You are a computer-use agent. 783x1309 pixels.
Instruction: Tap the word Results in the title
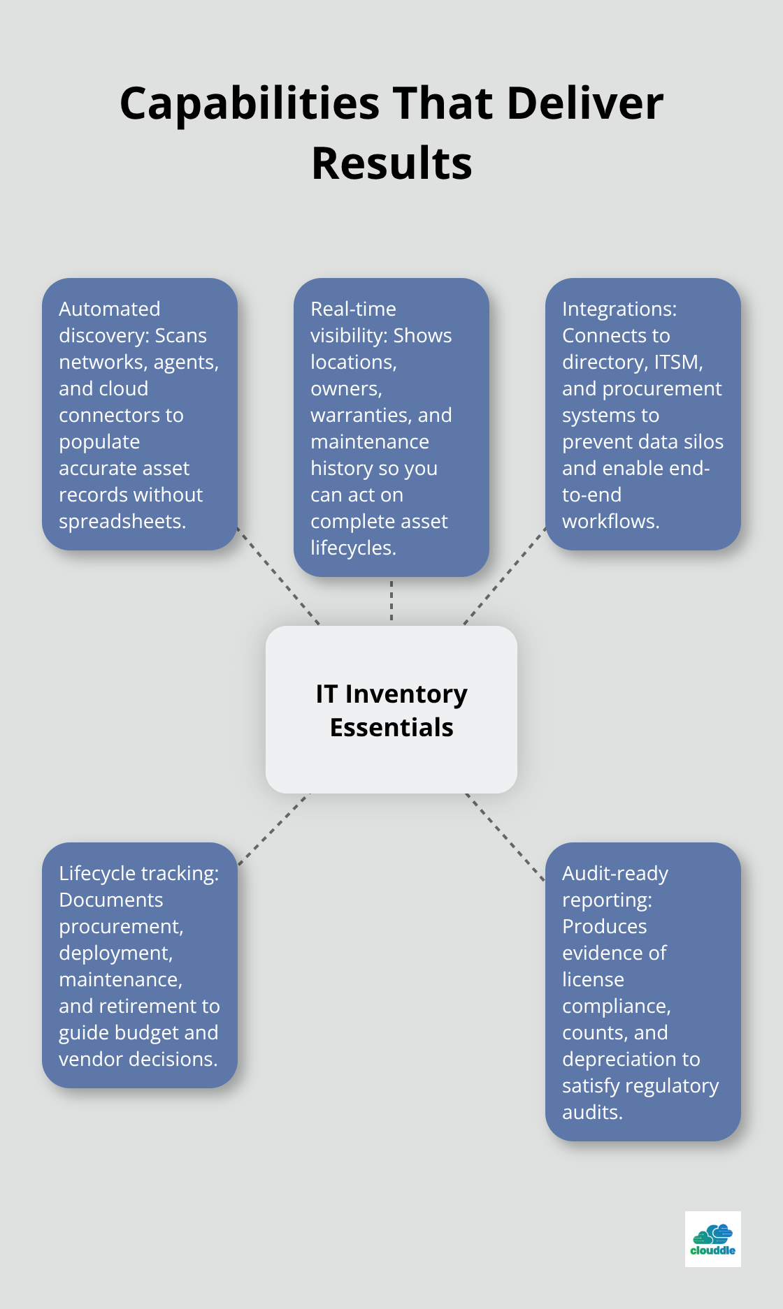[391, 164]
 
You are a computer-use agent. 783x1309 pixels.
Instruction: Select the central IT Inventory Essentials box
[391, 710]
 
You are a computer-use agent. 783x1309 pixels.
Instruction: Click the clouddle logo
[712, 1239]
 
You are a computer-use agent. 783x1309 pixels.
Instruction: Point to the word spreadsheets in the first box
[122, 522]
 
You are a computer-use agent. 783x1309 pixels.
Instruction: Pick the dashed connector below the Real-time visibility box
[391, 601]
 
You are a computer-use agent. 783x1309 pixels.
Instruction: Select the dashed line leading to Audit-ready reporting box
[505, 836]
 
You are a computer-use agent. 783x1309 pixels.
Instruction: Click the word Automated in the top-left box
[109, 309]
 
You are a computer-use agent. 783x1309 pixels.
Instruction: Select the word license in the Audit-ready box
[593, 980]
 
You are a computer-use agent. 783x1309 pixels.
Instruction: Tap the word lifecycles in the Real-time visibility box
[353, 548]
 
